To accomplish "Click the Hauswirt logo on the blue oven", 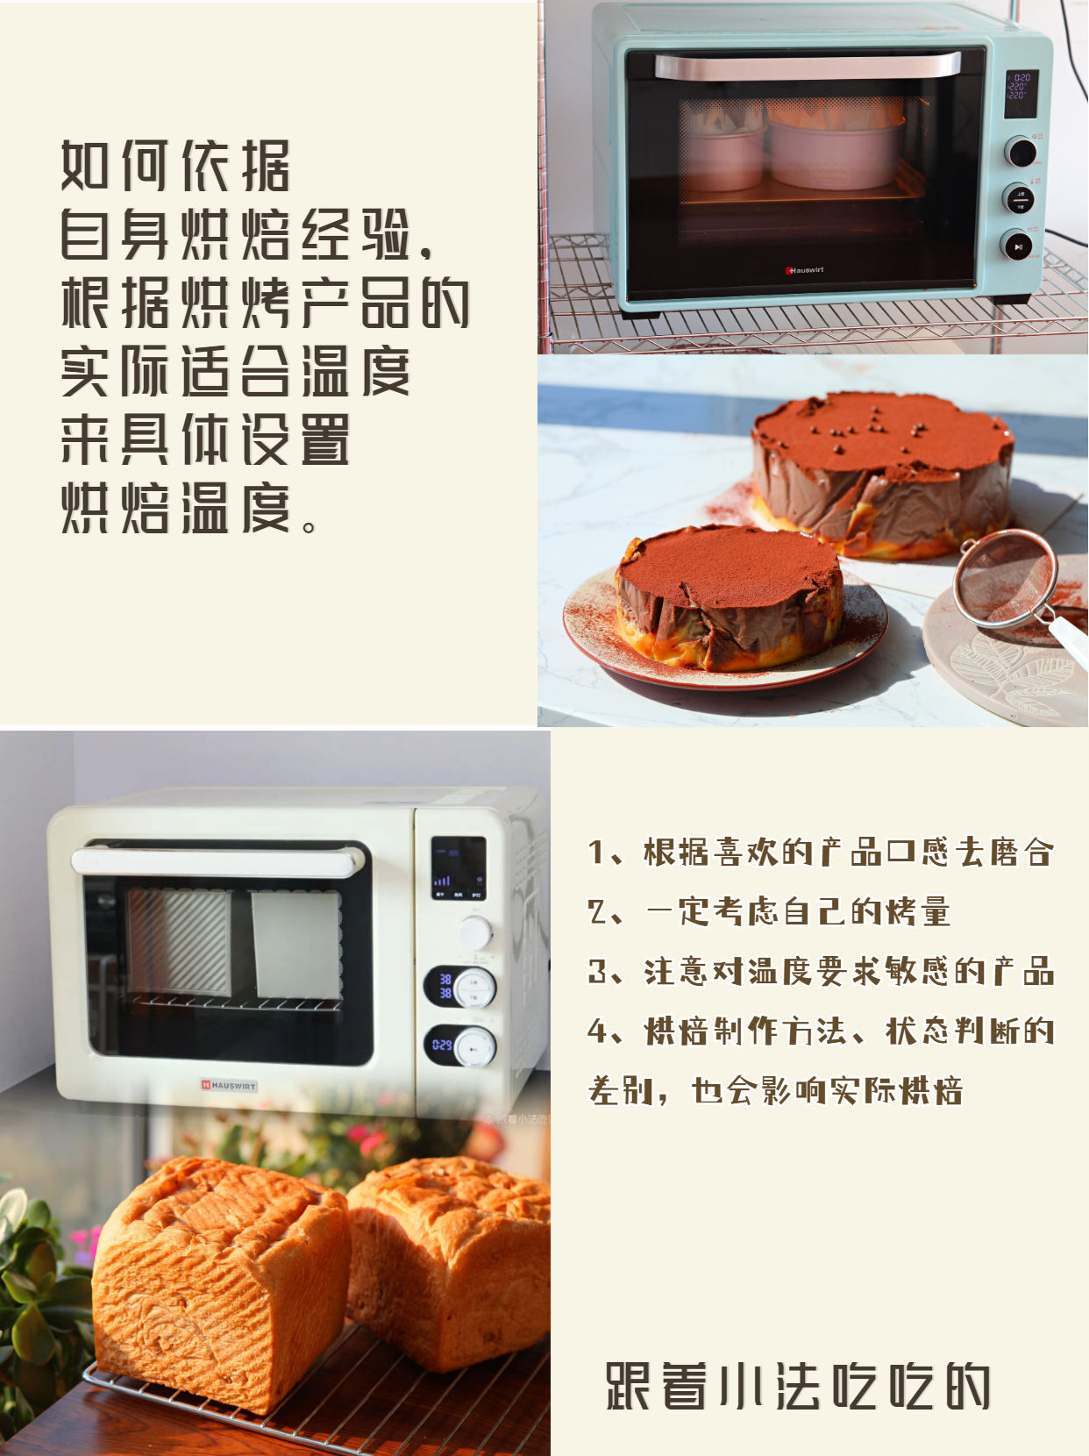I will click(804, 270).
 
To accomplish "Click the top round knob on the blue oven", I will click(1020, 152).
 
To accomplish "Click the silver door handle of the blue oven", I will click(807, 66).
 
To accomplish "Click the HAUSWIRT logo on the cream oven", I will click(228, 1085).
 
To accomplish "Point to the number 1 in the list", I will click(596, 852).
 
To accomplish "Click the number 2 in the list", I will click(597, 911).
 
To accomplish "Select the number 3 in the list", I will click(597, 971).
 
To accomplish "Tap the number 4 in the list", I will click(598, 1031).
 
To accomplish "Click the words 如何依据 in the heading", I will click(175, 166).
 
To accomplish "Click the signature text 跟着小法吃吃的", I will click(798, 1386).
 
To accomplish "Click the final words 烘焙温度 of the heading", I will click(175, 508).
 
